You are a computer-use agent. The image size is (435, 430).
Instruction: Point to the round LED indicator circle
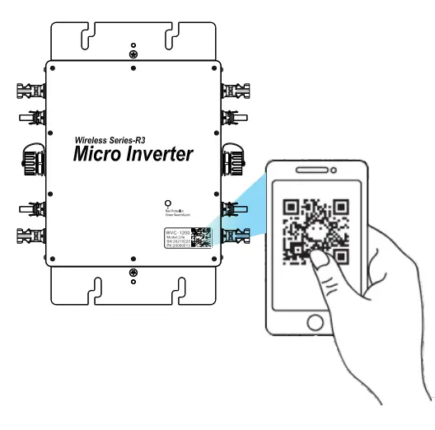(x=169, y=203)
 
